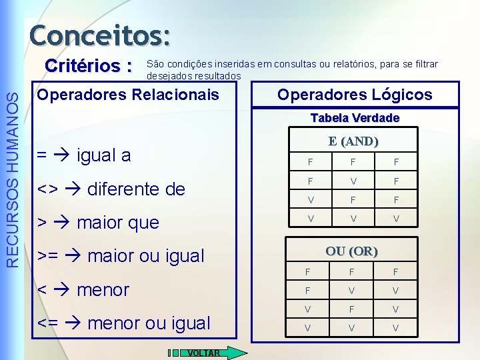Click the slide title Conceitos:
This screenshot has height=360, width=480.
(99, 35)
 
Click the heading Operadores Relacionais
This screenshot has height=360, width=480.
(128, 95)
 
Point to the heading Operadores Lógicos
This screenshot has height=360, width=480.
(355, 95)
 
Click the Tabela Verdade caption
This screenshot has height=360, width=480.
(355, 118)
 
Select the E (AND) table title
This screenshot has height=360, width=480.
(353, 141)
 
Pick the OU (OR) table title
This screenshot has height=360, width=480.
(351, 251)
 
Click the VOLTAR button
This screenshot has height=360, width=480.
(209, 353)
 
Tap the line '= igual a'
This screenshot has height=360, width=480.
(84, 156)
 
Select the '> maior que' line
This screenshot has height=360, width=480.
(98, 223)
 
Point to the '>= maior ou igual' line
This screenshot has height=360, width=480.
(121, 256)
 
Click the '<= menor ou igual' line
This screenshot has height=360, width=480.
(124, 323)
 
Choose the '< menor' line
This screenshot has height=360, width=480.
(83, 290)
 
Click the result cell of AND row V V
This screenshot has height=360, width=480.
(396, 219)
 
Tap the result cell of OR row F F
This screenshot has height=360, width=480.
(396, 272)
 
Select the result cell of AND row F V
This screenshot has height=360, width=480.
(396, 180)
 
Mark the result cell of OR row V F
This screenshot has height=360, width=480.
(396, 309)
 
